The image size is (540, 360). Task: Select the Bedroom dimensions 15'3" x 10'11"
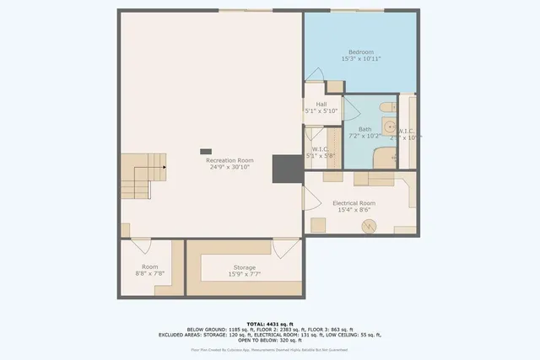click(361, 59)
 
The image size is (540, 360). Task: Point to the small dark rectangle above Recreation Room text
click(206, 152)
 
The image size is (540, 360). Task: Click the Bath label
click(364, 129)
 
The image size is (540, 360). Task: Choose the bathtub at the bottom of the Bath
click(384, 158)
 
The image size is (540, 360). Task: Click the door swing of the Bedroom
click(314, 74)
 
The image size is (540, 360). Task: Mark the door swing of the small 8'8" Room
click(141, 246)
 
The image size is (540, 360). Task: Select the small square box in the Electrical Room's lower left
click(319, 224)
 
